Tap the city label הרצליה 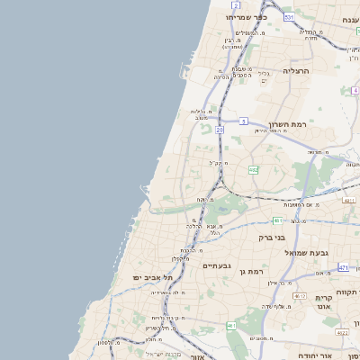296,70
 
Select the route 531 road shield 288,17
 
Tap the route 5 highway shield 244,120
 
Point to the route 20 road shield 219,130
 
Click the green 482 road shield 254,169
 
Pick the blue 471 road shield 343,267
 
